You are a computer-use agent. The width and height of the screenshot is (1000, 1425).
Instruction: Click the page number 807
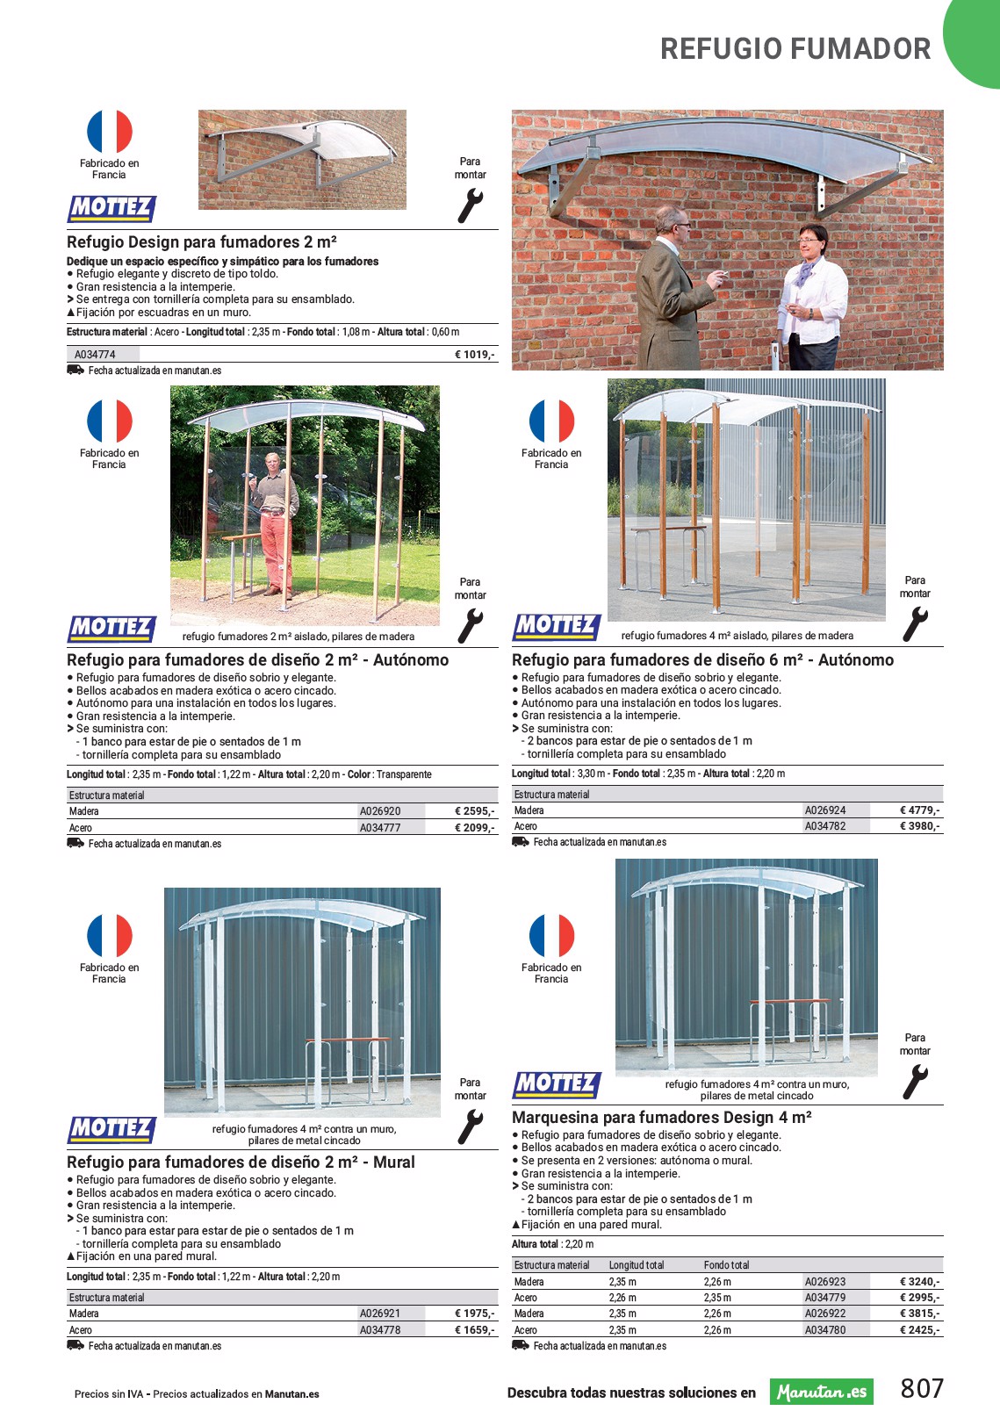tap(922, 1388)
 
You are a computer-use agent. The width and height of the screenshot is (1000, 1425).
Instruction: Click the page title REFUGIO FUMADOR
tap(795, 49)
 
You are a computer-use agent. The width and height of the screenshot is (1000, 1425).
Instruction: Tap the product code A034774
tap(95, 355)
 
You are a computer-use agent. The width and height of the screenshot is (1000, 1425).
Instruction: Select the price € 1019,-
tap(475, 355)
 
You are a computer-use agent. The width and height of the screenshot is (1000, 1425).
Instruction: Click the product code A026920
tap(380, 811)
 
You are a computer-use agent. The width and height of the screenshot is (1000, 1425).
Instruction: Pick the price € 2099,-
tap(475, 827)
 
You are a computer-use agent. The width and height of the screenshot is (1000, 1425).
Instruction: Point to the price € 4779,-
tap(920, 810)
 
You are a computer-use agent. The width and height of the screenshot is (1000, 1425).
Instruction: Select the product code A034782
tap(825, 826)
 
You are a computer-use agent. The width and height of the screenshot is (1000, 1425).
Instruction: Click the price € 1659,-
tap(475, 1329)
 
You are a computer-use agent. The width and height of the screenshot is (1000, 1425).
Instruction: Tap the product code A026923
tap(825, 1282)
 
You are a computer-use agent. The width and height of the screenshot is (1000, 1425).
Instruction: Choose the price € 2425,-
tap(920, 1329)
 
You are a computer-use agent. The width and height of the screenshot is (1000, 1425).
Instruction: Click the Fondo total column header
tap(726, 1265)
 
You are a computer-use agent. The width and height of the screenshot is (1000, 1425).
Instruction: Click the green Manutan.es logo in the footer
tap(822, 1392)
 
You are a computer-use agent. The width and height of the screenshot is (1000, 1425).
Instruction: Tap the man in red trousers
tap(275, 524)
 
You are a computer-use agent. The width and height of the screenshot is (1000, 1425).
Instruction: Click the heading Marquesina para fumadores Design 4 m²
tap(661, 1118)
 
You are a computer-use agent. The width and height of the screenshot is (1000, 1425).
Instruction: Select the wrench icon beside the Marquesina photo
tap(915, 1083)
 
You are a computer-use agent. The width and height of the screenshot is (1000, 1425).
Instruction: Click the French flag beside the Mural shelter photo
tap(110, 936)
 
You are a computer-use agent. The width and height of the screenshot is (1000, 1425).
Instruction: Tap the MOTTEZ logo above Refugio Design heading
tap(112, 209)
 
